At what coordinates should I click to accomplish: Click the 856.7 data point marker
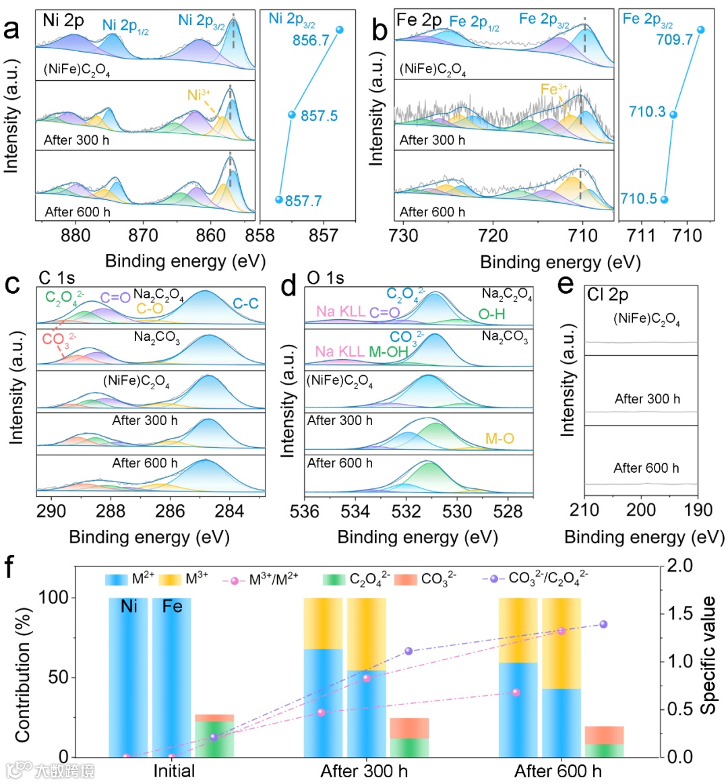point(339,30)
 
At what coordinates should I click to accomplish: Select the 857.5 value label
point(319,116)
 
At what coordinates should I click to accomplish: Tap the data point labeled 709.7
point(700,30)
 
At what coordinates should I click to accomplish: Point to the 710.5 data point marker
point(664,199)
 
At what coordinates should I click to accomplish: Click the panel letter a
point(12,30)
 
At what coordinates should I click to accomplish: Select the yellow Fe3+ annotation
point(554,90)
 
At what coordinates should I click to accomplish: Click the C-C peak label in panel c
point(245,304)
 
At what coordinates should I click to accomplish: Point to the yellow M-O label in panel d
point(499,439)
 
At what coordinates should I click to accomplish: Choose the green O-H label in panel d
point(491,314)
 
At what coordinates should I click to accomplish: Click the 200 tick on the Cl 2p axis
point(641,510)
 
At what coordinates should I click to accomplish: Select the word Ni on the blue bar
point(129,607)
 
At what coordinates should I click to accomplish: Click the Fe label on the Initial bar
point(172,607)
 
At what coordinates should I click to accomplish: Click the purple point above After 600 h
point(603,624)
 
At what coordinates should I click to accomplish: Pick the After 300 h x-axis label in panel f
point(364,771)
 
